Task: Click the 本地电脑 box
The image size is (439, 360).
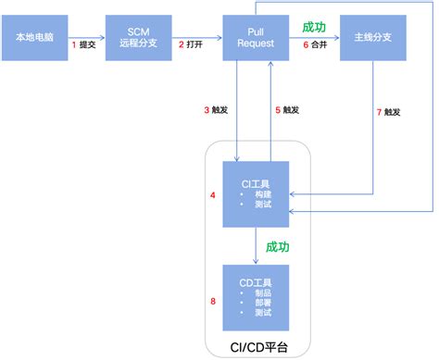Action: [x=38, y=39]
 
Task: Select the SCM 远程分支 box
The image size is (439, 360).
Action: [x=138, y=39]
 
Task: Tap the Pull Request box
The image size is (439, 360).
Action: [x=255, y=39]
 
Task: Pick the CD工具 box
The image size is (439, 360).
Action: [x=255, y=296]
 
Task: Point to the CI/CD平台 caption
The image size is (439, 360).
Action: [x=255, y=348]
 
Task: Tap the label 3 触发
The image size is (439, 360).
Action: [x=215, y=110]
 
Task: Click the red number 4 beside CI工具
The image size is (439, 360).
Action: [x=213, y=195]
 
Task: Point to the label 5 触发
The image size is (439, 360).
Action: [x=288, y=110]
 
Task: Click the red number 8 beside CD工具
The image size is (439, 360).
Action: [x=213, y=301]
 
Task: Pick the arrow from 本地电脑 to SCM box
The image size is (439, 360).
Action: [x=89, y=39]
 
